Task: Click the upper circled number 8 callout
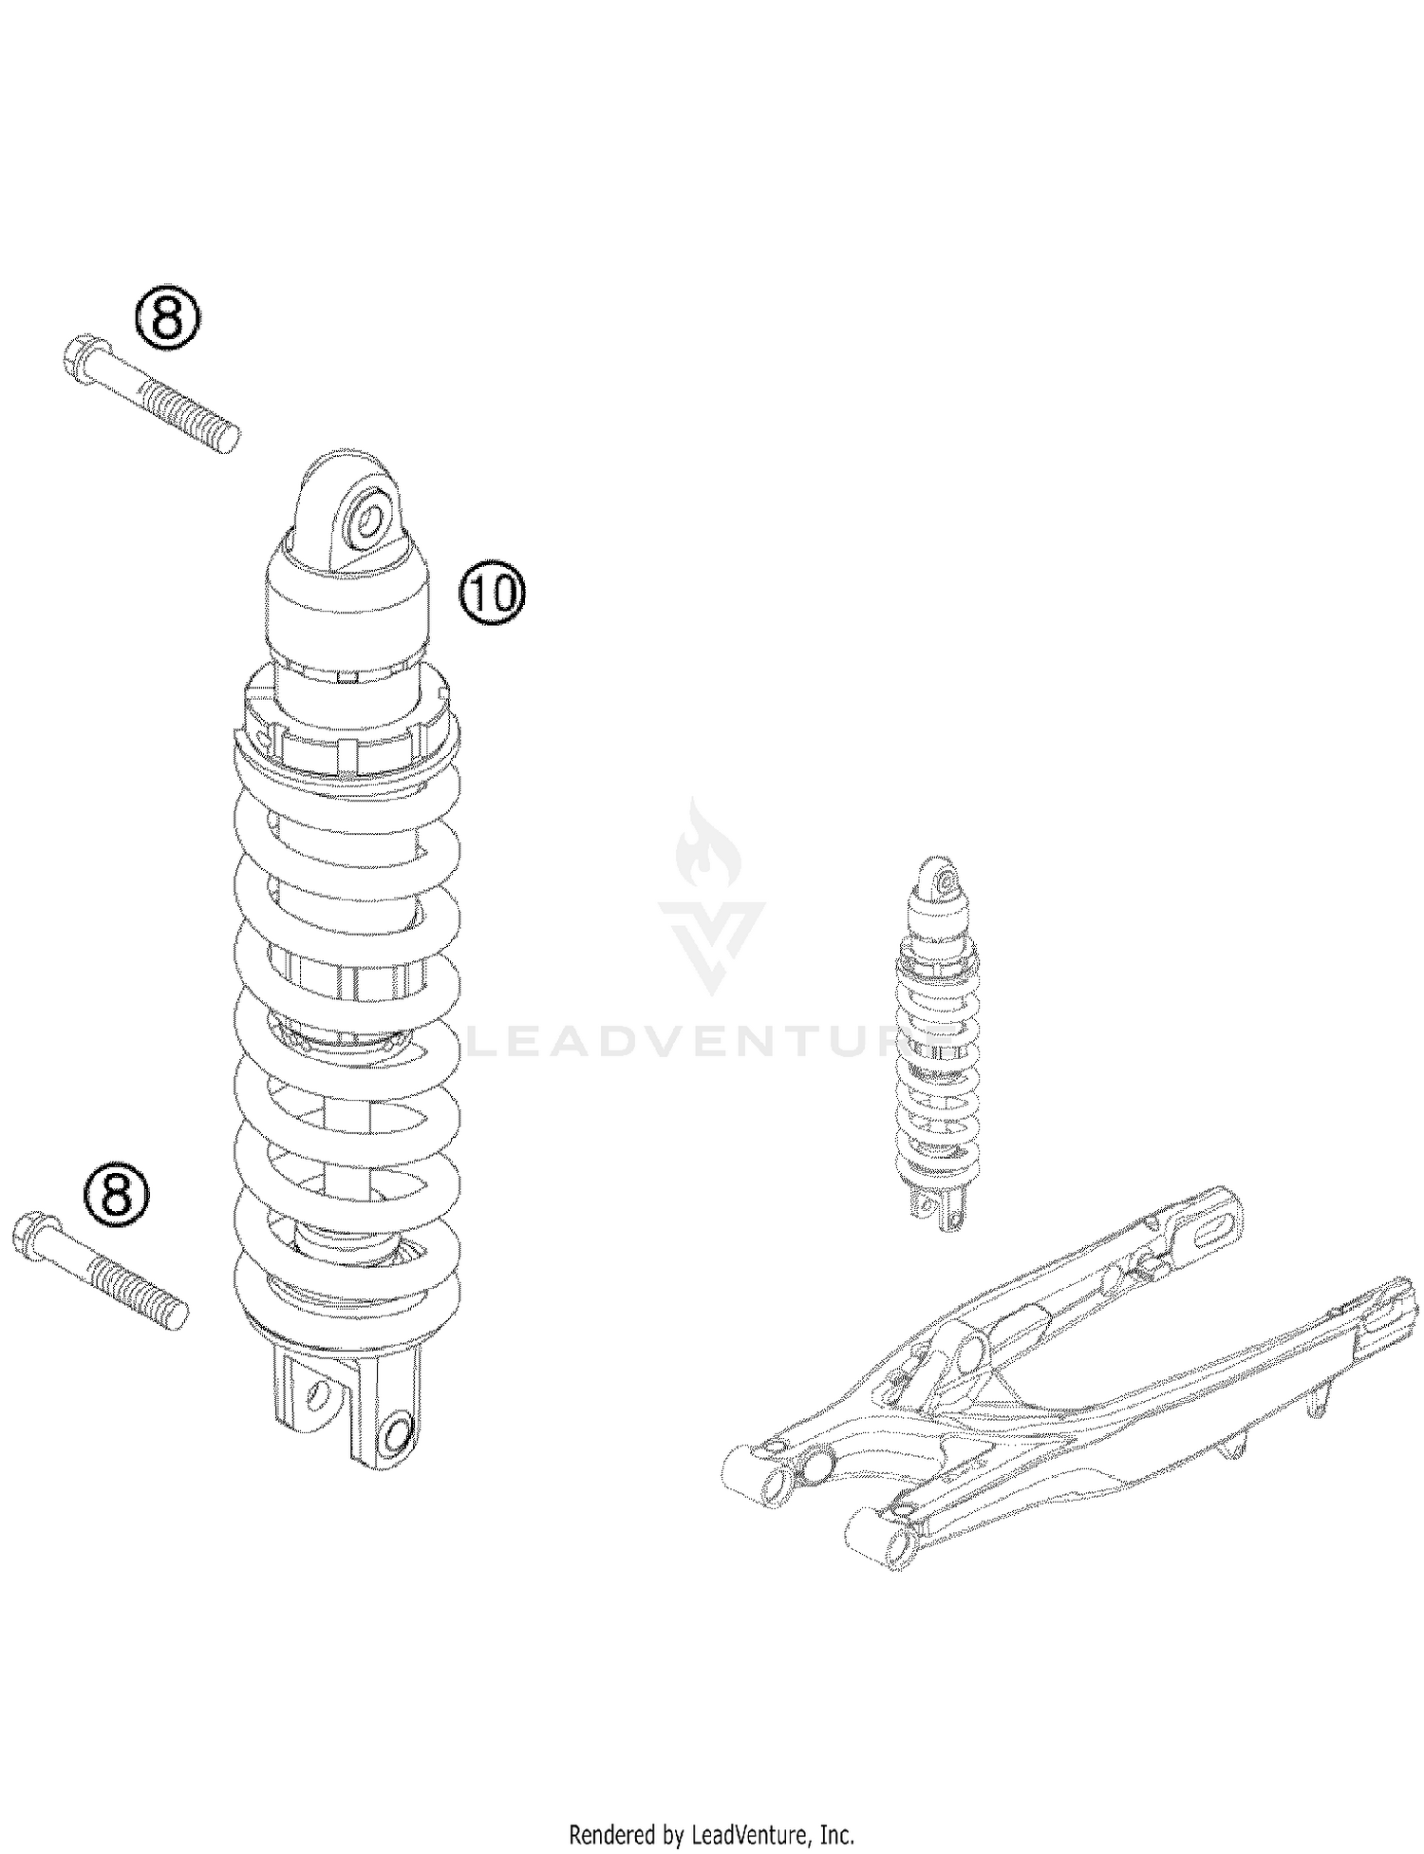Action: (166, 317)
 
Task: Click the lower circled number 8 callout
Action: (116, 1192)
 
